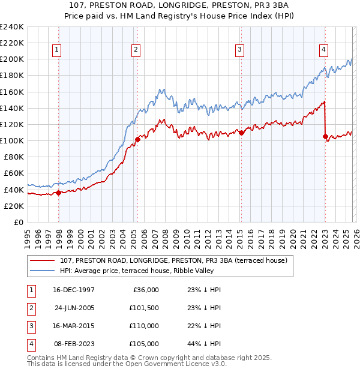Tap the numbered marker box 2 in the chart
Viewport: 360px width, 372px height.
(136, 50)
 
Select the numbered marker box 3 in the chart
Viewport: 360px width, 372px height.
(239, 50)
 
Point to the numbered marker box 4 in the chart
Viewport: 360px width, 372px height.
(323, 50)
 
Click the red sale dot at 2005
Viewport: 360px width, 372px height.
(138, 139)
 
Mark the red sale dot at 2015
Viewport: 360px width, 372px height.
(241, 133)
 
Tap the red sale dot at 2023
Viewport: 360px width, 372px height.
(325, 137)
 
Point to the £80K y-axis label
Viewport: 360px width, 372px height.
(14, 157)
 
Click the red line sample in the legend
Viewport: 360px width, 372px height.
(41, 260)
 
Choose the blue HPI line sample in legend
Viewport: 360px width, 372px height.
(41, 271)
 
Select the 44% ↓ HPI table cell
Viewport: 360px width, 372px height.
(203, 344)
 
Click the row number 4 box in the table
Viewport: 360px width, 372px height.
(31, 344)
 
